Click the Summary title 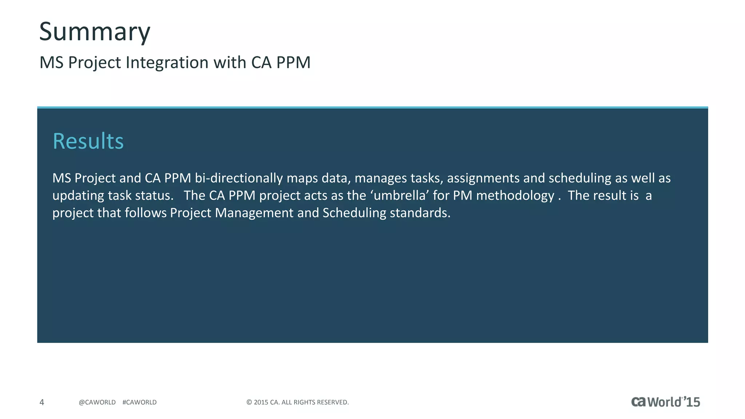[95, 32]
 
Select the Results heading [88, 141]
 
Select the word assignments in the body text [483, 178]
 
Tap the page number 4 [42, 402]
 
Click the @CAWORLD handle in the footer [97, 402]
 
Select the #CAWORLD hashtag [139, 402]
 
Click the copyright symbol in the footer [249, 402]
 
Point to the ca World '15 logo [665, 402]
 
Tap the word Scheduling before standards [354, 213]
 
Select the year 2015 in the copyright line [261, 402]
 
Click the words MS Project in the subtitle [80, 63]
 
